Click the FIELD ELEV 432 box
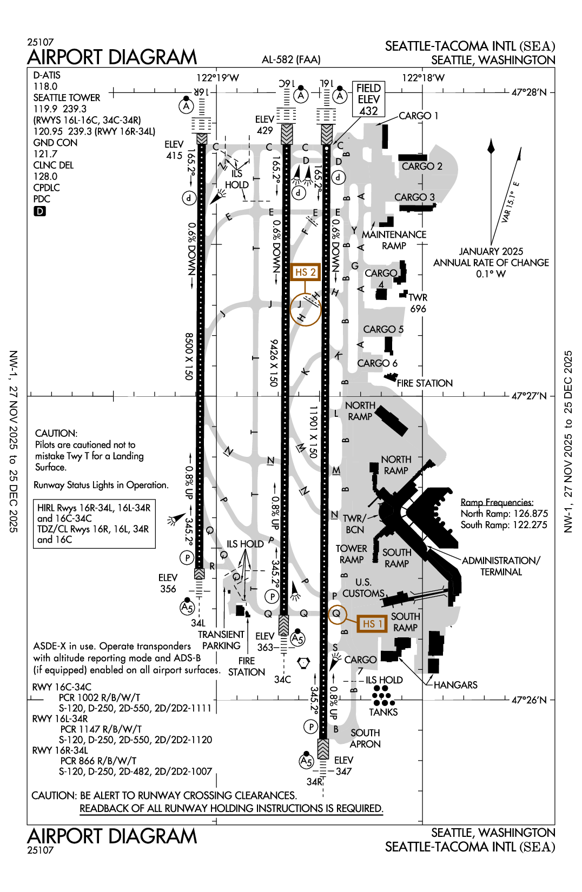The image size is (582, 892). (368, 99)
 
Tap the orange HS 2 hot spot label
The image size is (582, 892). (305, 272)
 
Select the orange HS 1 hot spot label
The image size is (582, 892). (372, 624)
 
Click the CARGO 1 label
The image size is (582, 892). (418, 116)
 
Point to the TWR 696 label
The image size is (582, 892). (418, 303)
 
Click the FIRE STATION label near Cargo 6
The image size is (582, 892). (425, 383)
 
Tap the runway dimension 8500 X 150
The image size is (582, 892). (189, 356)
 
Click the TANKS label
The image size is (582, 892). (383, 713)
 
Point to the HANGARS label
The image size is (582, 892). (455, 685)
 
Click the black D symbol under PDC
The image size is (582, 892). (39, 211)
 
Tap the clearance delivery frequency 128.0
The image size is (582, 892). (45, 176)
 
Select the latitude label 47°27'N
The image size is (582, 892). (528, 396)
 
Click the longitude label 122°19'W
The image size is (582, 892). (217, 78)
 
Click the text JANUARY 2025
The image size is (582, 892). (491, 251)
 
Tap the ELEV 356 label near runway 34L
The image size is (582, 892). (168, 583)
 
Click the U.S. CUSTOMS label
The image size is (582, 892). (363, 588)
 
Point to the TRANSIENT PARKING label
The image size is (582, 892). (221, 640)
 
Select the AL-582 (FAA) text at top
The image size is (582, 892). (291, 59)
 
